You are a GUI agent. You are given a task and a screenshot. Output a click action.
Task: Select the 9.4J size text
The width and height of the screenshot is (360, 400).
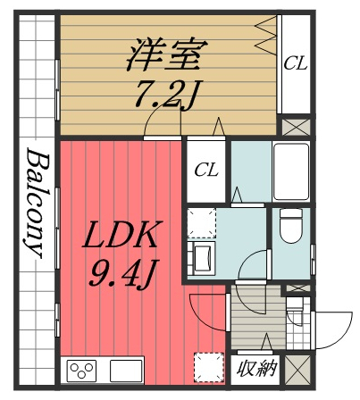(x=122, y=270)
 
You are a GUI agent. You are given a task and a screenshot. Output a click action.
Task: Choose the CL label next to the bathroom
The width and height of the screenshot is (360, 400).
(x=206, y=168)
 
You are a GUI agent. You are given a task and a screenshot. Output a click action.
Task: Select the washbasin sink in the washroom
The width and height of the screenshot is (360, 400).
(x=202, y=259)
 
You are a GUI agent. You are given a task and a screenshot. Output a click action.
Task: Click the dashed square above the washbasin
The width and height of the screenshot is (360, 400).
(x=202, y=222)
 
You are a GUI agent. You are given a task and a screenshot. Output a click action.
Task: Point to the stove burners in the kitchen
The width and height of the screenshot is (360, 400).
(x=82, y=370)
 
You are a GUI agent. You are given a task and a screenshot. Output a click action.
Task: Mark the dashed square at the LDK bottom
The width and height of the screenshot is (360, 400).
(x=209, y=367)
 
